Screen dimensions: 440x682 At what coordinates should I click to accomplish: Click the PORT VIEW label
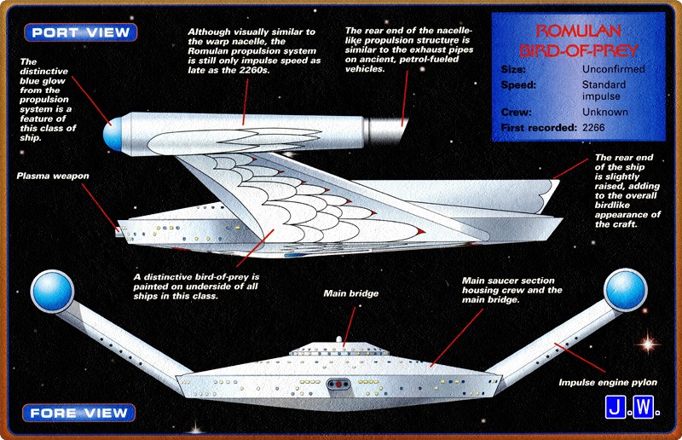coord(81,33)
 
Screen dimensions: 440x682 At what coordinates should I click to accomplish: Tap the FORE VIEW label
coord(81,414)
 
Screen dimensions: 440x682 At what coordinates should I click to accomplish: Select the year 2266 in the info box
coord(598,126)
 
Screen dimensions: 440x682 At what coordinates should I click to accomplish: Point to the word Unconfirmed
coord(614,69)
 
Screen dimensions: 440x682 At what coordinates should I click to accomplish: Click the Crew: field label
coord(517,112)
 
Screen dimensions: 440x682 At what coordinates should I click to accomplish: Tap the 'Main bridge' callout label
coord(350,293)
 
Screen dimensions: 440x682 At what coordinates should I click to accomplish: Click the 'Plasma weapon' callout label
coord(53,177)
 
